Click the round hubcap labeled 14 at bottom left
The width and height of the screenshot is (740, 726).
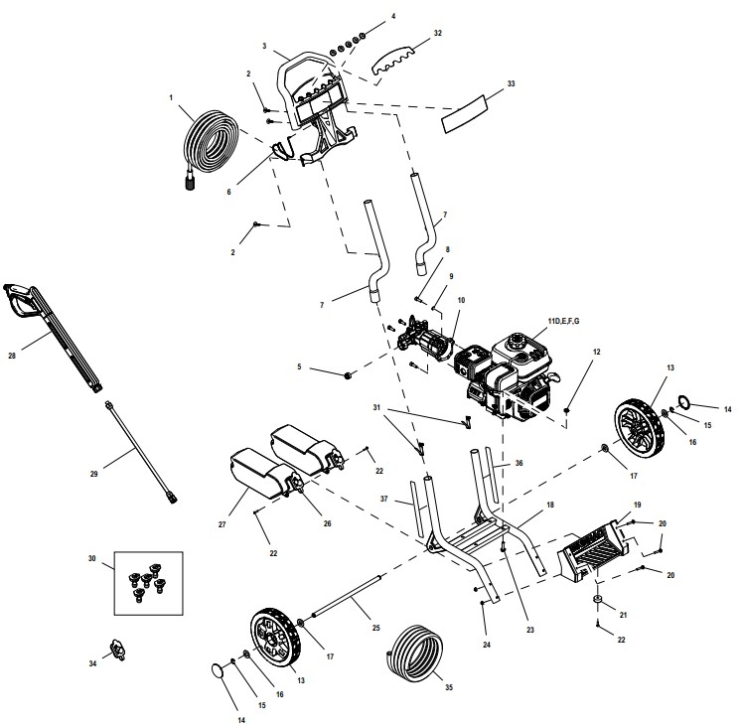pos(217,672)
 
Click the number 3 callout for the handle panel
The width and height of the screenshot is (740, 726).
pos(265,46)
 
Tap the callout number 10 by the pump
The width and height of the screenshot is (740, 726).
pos(460,299)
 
